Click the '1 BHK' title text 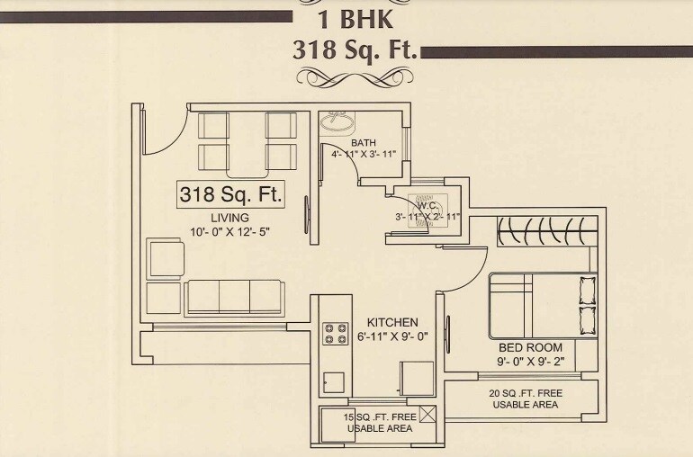(355, 19)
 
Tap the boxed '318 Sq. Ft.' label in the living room (231, 193)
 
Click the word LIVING (229, 218)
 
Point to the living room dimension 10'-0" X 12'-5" (230, 233)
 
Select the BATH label (364, 143)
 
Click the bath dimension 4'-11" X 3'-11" (364, 155)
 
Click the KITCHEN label (391, 322)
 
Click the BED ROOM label (531, 347)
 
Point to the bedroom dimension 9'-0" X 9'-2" (531, 362)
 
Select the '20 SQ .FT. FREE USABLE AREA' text (525, 399)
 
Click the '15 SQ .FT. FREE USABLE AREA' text (380, 422)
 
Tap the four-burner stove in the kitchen (335, 334)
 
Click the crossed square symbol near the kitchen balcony (427, 415)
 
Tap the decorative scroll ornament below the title (356, 77)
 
